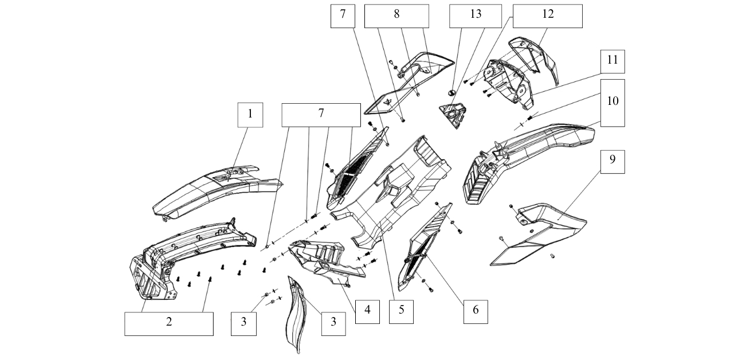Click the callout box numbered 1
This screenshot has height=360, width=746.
coord(250,115)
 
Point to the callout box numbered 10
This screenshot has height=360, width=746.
coord(612,102)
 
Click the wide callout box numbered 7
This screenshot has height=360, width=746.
coord(320,115)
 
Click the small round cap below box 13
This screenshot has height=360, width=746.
coord(451,92)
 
